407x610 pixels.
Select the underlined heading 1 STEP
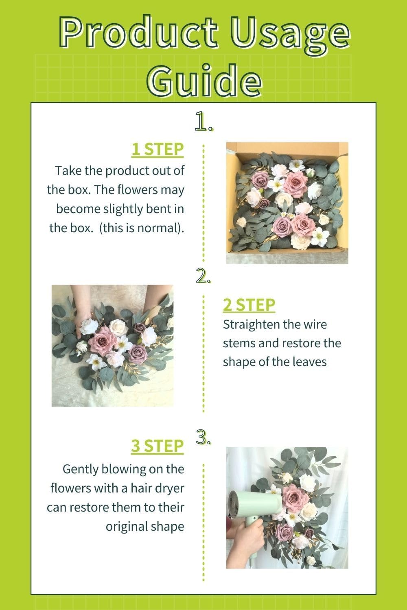[157, 149]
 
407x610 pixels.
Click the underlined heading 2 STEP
[249, 305]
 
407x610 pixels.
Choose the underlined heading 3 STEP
[157, 446]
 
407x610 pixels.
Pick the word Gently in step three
[80, 469]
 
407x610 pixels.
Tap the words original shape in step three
[145, 526]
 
